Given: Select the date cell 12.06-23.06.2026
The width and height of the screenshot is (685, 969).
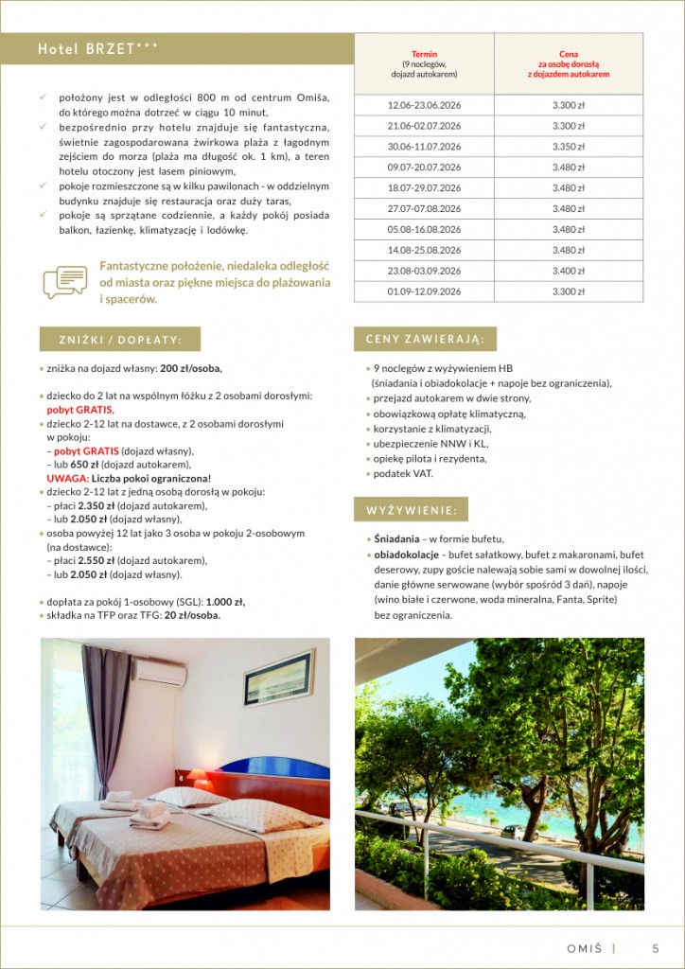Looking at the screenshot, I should pyautogui.click(x=424, y=105).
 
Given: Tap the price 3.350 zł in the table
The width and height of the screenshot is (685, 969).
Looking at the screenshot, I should pyautogui.click(x=568, y=147).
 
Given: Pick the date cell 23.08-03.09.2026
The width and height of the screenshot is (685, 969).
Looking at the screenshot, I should pyautogui.click(x=424, y=271).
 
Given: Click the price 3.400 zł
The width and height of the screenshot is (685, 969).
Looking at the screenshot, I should pyautogui.click(x=568, y=271).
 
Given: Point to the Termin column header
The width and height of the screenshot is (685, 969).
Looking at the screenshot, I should pyautogui.click(x=424, y=63).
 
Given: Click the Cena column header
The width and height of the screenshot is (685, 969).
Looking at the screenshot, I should pyautogui.click(x=568, y=63).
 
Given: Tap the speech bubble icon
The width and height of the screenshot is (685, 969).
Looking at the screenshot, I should pyautogui.click(x=64, y=282).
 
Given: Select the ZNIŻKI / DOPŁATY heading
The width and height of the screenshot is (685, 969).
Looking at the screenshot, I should pyautogui.click(x=120, y=340).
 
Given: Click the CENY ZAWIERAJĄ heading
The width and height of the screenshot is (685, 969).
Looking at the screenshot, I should pyautogui.click(x=425, y=339).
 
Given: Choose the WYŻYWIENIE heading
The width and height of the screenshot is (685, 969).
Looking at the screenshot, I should pyautogui.click(x=411, y=510).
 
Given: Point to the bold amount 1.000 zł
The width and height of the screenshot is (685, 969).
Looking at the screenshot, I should pyautogui.click(x=225, y=601).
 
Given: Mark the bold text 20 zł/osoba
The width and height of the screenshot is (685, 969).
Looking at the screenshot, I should pyautogui.click(x=192, y=615).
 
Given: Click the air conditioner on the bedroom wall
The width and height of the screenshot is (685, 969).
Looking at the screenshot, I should pyautogui.click(x=160, y=672).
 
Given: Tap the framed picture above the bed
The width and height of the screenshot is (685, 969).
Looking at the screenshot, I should pyautogui.click(x=278, y=678).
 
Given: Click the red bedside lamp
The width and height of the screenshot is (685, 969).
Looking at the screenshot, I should pyautogui.click(x=201, y=778).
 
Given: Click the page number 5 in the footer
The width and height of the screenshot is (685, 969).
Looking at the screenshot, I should pyautogui.click(x=656, y=948).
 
